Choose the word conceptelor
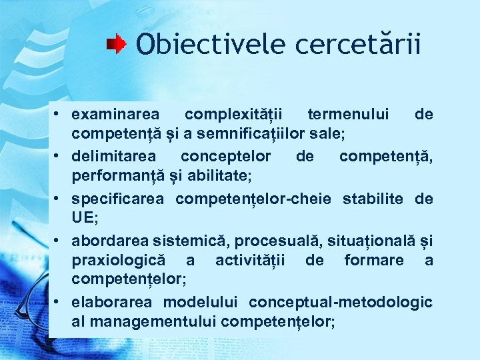pos(226,157)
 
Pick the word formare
pos(374,260)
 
